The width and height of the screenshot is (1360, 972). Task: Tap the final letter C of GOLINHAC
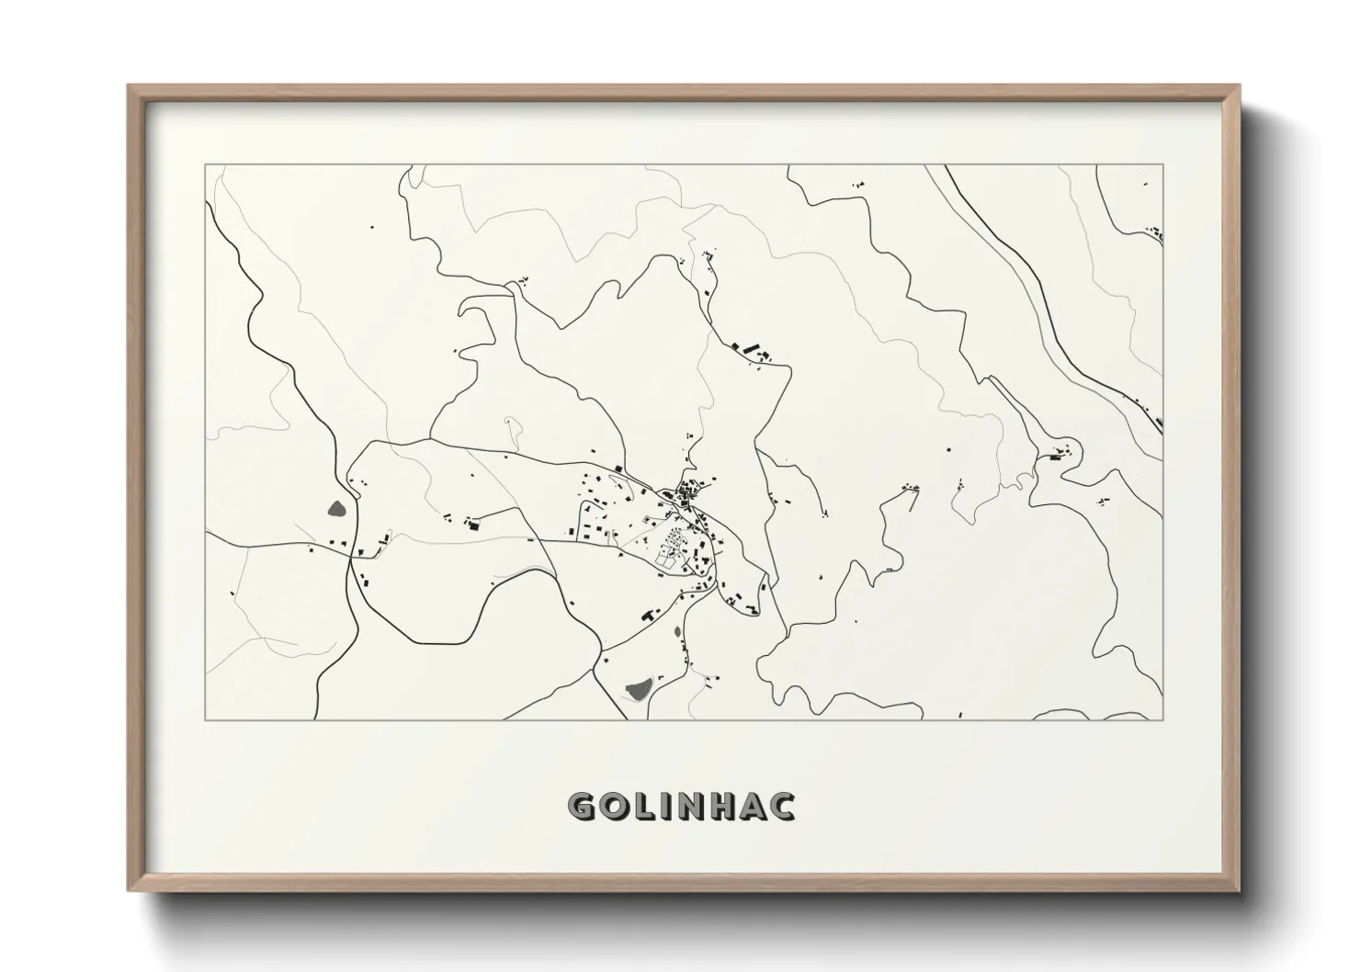coord(784,807)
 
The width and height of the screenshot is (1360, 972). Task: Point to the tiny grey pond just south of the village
coord(678,633)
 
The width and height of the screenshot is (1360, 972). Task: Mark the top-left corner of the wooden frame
coord(129,86)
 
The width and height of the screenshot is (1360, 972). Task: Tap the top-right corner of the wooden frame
coord(1240,86)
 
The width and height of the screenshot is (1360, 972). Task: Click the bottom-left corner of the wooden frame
coord(129,890)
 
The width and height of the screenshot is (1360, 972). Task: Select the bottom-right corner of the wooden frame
coord(1240,890)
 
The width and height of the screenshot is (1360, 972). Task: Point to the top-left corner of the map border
coord(206,165)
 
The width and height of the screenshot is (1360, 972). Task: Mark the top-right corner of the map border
coord(1162,165)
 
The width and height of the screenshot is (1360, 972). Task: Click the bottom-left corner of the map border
coord(206,719)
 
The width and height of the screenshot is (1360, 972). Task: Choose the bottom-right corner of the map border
coord(1162,719)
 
